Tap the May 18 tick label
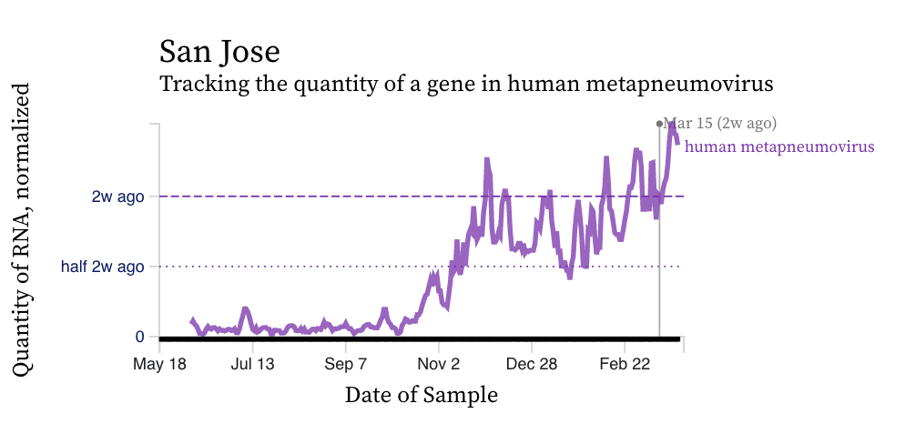point(159,363)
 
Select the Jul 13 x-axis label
point(252,363)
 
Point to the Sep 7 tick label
point(346,363)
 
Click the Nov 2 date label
point(439,363)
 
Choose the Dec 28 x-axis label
point(532,363)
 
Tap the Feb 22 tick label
point(625,363)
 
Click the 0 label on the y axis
point(139,337)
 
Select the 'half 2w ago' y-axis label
point(103,267)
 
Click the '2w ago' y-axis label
point(118,197)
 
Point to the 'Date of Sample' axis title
point(421,395)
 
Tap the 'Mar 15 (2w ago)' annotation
point(720,123)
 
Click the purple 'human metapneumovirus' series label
point(779,146)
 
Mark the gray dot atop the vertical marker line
point(659,123)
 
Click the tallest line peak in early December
point(487,160)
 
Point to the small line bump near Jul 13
point(245,309)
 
